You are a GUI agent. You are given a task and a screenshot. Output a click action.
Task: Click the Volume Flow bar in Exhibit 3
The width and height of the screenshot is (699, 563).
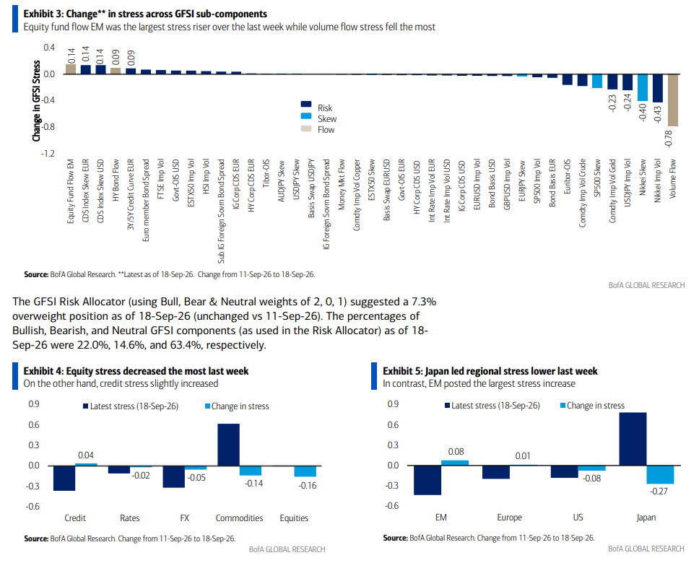[673, 100]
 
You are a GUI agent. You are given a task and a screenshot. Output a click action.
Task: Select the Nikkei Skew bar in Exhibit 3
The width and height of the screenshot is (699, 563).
[643, 87]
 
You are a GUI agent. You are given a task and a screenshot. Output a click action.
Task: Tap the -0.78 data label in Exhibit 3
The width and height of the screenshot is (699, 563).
[668, 139]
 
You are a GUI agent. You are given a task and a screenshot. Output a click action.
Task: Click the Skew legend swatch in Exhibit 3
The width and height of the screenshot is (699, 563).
[306, 116]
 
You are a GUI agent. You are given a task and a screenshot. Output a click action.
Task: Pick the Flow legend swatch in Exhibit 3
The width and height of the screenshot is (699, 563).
[306, 128]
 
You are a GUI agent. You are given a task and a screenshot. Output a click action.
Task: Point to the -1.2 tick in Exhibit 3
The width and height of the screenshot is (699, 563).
[48, 153]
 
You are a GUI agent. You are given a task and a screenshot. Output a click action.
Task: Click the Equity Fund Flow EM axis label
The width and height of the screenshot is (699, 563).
[71, 191]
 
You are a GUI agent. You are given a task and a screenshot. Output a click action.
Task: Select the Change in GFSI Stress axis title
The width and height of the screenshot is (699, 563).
[36, 101]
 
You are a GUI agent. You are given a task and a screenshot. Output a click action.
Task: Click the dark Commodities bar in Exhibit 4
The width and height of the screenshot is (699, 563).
[229, 445]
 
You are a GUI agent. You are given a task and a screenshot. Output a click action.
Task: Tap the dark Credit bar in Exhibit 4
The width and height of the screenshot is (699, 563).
[64, 479]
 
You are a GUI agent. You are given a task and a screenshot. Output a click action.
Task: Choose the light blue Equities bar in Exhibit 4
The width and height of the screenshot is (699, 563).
[305, 471]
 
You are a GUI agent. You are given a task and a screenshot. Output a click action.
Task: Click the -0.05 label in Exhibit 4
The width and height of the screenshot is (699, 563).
[196, 478]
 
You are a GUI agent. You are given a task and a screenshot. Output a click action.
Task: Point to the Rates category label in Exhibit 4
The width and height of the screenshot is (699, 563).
[130, 518]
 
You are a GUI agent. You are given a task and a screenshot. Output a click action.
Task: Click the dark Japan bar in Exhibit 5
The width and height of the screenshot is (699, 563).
[633, 439]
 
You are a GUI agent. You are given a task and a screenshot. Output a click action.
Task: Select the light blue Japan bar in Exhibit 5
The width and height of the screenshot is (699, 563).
[660, 475]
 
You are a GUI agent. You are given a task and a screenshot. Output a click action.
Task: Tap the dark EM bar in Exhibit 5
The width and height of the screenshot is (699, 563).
[427, 480]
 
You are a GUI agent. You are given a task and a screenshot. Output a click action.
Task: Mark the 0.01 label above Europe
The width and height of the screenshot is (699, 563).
[523, 456]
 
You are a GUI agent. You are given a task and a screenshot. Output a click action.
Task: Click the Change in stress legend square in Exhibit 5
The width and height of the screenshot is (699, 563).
[563, 405]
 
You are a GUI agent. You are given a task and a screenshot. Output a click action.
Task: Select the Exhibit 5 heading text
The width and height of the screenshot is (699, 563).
[490, 371]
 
